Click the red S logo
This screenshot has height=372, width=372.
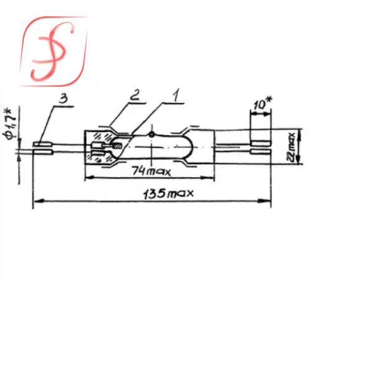point(53,51)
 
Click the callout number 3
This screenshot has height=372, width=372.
point(63,99)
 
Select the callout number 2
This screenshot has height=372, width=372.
point(135,95)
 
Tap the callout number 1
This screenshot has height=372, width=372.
point(176,95)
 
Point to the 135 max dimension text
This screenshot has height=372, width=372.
point(169,194)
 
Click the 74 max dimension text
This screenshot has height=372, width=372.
point(151,171)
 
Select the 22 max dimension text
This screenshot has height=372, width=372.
point(291,147)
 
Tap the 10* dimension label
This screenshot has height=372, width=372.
point(263,103)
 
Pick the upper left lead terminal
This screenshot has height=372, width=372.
point(43,144)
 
